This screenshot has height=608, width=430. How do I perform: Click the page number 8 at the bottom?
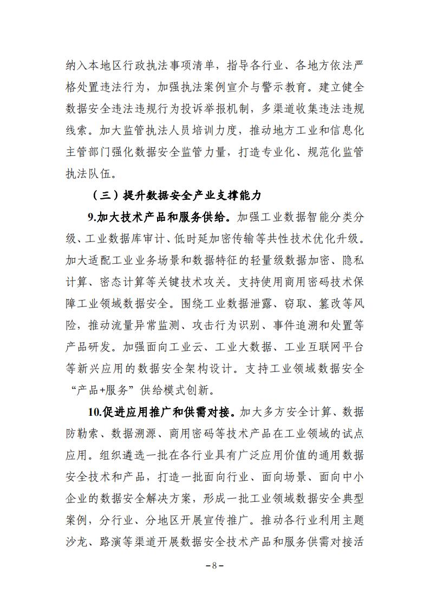coord(214,565)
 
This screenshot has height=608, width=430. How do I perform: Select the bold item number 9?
coord(92,217)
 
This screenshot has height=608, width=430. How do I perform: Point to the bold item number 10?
coord(94,412)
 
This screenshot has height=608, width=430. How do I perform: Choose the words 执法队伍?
coord(88,174)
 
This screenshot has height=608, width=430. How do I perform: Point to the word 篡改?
coord(304,304)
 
